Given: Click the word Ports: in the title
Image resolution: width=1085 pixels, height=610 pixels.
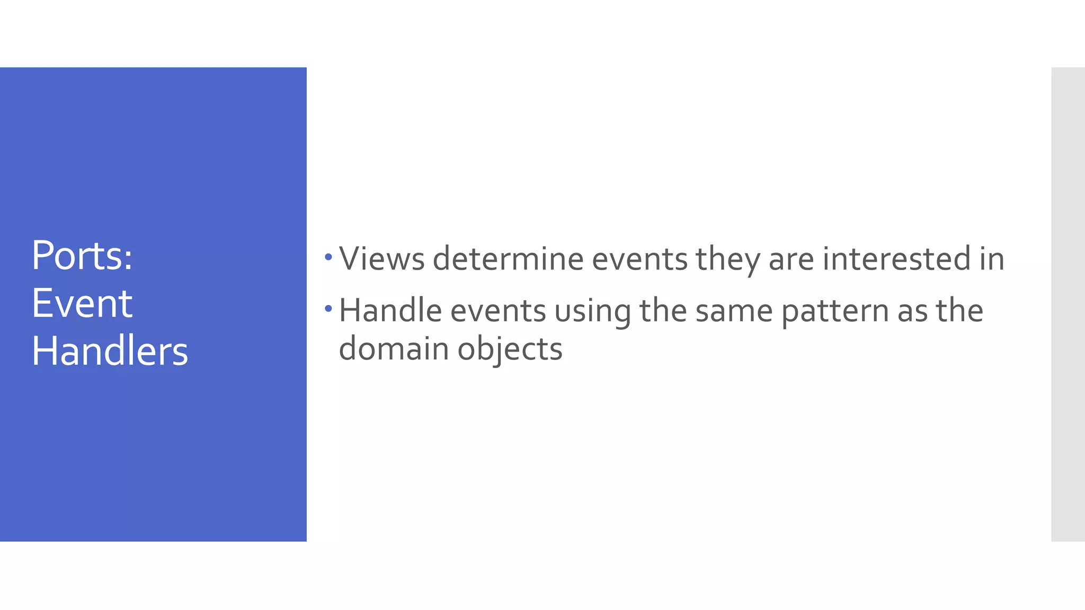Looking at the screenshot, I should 82,256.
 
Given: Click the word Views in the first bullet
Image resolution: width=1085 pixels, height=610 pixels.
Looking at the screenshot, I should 382,259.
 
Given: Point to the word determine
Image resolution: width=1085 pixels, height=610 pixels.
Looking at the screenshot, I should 508,259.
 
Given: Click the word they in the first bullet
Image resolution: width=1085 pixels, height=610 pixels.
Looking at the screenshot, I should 728,259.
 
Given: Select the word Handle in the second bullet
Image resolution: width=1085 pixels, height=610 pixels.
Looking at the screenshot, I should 390,310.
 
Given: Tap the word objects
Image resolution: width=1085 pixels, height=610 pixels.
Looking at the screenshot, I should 510,349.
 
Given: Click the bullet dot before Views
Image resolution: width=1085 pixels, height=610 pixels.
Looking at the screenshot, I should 328,257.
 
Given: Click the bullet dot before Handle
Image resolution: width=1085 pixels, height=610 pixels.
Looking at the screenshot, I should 328,308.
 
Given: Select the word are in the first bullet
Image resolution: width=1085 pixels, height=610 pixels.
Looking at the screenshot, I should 791,259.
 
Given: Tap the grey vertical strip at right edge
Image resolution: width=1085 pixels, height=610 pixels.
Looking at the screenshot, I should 1068,304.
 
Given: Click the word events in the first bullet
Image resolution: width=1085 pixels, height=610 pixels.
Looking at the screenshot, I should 639,259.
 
